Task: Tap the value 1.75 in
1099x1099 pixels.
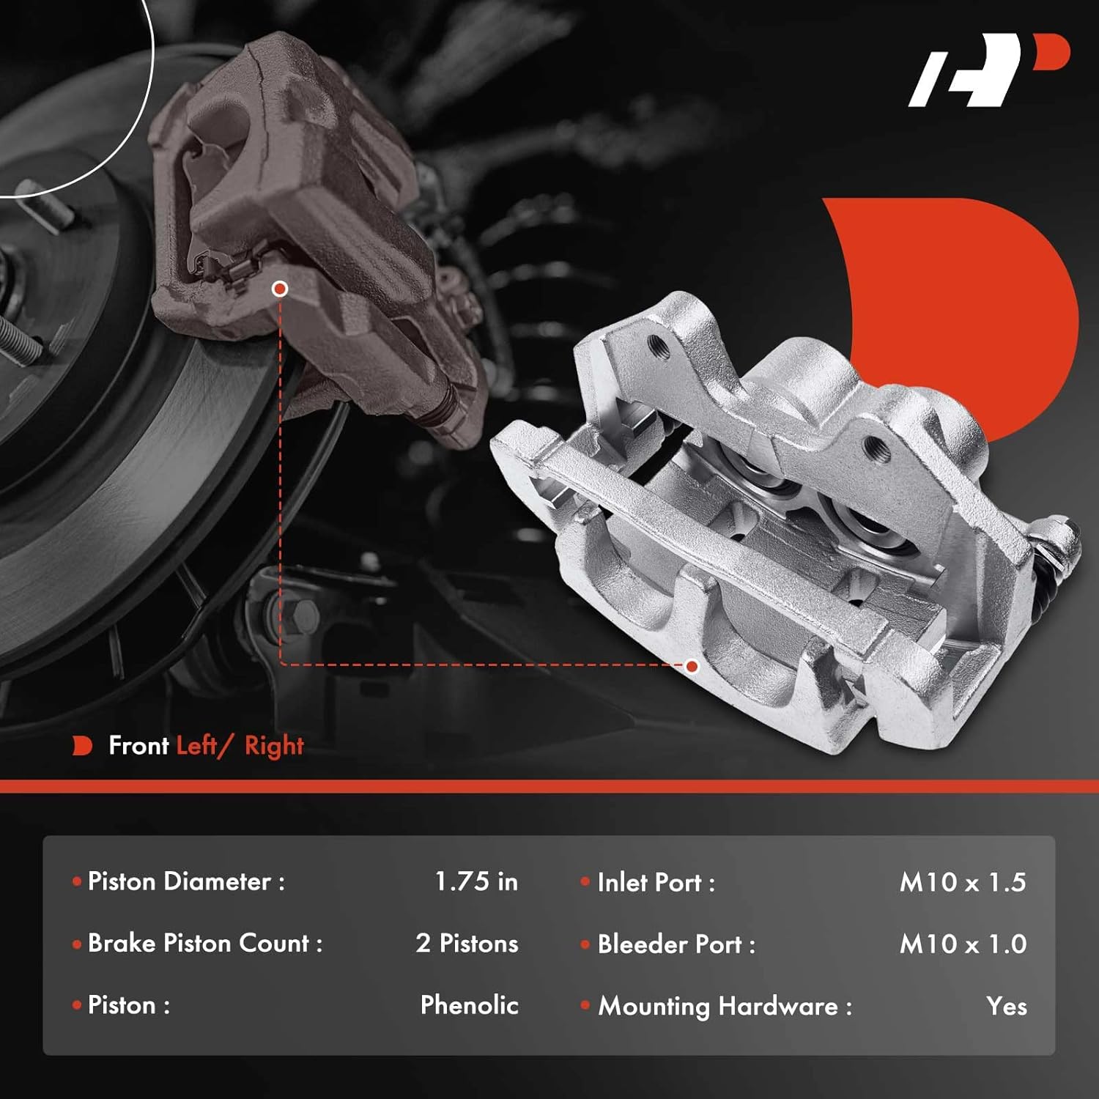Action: click(x=476, y=881)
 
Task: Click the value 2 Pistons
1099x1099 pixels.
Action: click(x=467, y=944)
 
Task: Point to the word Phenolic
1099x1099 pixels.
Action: click(x=469, y=1005)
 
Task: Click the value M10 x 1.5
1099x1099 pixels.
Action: click(x=963, y=883)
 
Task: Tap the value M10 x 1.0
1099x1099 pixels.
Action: click(x=963, y=944)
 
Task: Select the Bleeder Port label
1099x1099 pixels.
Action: click(x=676, y=945)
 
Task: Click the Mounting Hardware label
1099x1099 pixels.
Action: click(x=725, y=1007)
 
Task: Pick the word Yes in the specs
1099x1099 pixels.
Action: click(x=1006, y=1007)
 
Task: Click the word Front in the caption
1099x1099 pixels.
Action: click(x=138, y=746)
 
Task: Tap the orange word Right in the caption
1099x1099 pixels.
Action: click(x=274, y=746)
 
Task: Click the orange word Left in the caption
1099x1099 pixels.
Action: click(x=196, y=746)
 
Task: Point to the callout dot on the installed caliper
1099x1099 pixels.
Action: click(x=279, y=289)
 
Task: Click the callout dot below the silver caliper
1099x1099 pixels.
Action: click(x=692, y=666)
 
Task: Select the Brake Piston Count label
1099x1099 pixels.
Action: click(x=204, y=944)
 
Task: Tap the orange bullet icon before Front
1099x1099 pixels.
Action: click(x=82, y=746)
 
